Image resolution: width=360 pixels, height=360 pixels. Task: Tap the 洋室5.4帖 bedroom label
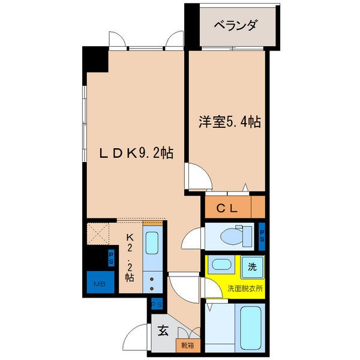(230, 122)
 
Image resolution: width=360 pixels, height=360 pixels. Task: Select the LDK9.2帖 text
(136, 153)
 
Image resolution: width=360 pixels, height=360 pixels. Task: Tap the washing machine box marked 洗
(253, 263)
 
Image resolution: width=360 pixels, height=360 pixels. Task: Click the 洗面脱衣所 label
(245, 289)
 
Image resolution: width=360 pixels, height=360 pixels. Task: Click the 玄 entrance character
(163, 329)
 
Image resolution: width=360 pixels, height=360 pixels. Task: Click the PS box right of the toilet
(262, 236)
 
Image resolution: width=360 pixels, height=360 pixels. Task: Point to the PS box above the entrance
(156, 305)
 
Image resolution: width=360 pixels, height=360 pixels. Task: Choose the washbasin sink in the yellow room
(221, 264)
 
